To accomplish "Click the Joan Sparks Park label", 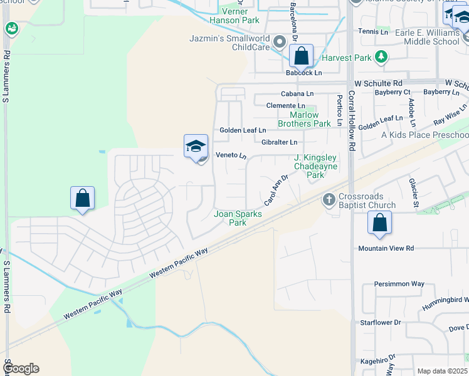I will (238, 218).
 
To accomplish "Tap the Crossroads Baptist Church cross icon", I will (327, 200).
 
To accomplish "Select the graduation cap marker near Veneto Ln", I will (196, 147).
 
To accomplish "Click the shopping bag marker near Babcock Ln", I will (302, 56).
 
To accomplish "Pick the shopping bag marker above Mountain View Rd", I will (379, 222).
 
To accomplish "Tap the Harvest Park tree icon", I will (381, 58).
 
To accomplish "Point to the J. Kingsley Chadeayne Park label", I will (315, 167).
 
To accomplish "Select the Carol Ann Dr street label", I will (275, 190).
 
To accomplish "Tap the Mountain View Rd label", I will (386, 248).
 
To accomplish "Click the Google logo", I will (21, 368).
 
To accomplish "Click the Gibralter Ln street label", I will (279, 142).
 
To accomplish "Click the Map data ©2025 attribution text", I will (442, 371).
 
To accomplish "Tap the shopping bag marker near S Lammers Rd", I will (82, 199).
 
